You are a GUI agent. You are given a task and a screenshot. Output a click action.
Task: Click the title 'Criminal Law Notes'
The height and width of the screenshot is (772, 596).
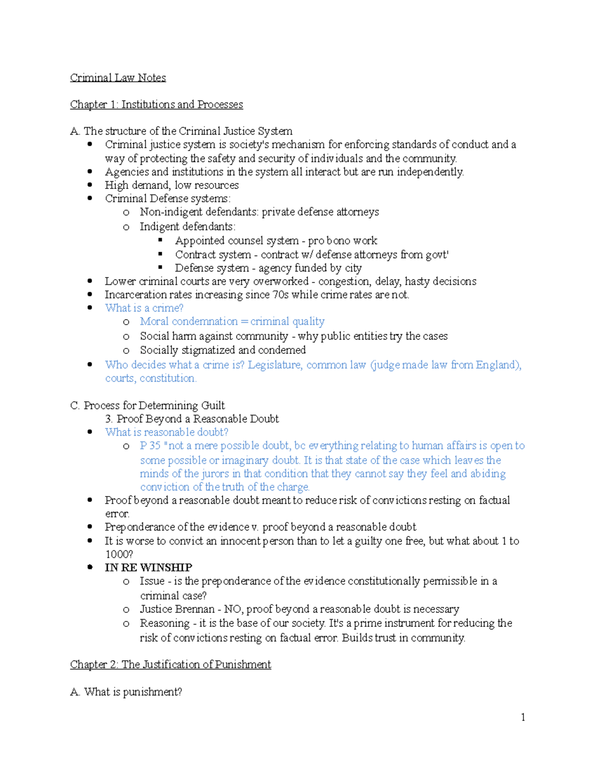118,78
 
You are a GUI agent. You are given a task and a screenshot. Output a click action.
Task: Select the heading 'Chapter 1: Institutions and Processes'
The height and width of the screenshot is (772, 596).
156,104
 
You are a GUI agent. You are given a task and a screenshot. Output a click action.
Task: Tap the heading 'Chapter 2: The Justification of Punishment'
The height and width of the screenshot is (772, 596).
170,665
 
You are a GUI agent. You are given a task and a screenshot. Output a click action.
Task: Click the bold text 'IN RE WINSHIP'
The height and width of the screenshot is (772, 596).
149,568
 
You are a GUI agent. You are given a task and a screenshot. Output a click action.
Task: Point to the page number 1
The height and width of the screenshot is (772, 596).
523,717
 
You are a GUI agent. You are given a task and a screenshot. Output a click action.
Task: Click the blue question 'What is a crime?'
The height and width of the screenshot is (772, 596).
144,308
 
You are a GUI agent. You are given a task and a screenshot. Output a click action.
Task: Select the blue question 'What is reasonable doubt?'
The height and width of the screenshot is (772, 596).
166,432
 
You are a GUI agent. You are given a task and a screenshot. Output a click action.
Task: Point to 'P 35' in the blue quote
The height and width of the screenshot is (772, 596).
150,446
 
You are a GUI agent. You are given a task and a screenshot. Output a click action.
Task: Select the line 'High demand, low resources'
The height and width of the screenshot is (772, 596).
171,185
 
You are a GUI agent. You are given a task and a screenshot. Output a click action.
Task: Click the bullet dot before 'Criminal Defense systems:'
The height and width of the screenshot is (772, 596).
90,198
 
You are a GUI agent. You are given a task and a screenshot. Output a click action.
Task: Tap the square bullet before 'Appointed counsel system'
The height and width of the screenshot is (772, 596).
160,240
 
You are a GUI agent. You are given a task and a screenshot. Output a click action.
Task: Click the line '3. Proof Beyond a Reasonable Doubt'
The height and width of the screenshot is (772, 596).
192,419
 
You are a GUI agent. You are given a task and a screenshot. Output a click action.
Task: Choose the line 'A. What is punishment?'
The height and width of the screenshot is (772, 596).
126,692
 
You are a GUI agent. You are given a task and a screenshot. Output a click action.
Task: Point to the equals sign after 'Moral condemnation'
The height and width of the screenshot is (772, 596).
244,322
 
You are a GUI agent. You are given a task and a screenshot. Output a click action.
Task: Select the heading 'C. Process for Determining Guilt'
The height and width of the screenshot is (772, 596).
148,406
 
